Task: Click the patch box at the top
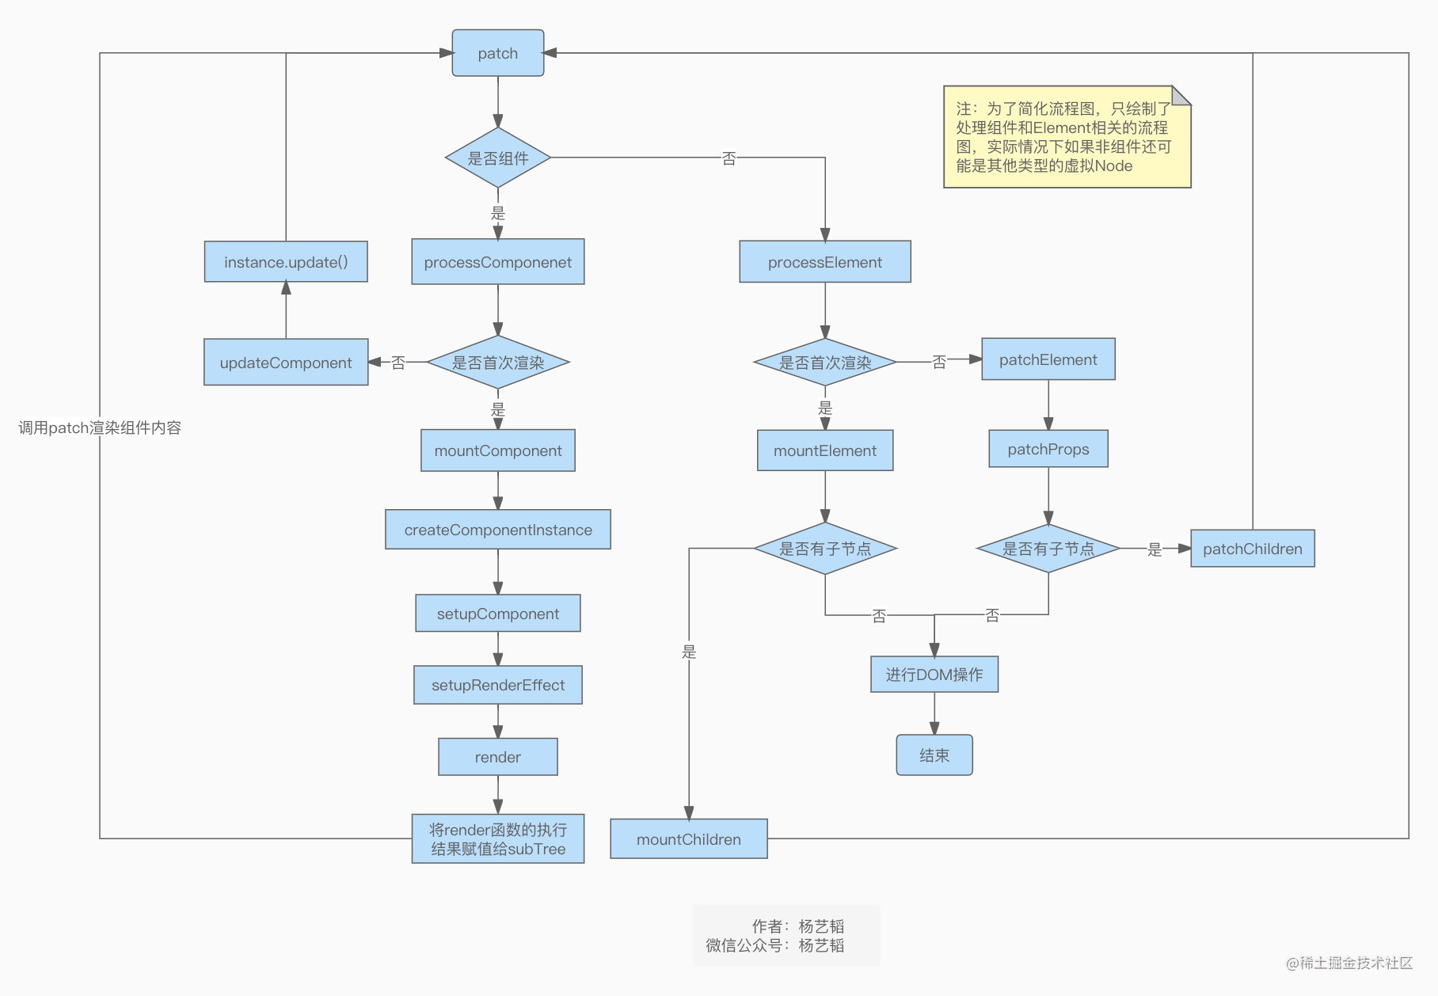[497, 53]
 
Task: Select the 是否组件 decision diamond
[497, 158]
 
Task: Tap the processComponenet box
[497, 262]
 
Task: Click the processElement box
[824, 262]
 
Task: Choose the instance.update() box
[286, 262]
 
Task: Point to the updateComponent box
[286, 363]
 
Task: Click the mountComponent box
[497, 450]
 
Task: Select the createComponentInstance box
[497, 530]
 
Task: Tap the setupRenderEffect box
[497, 685]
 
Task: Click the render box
[497, 757]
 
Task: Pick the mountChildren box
[688, 839]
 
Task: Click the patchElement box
[1048, 359]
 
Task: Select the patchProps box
[1048, 449]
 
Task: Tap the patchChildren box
[1252, 549]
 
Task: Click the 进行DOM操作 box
[934, 675]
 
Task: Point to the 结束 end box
[934, 755]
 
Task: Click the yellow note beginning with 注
[1066, 137]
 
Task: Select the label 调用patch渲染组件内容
[100, 428]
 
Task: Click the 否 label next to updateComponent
[398, 363]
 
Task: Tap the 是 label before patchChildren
[1155, 549]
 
